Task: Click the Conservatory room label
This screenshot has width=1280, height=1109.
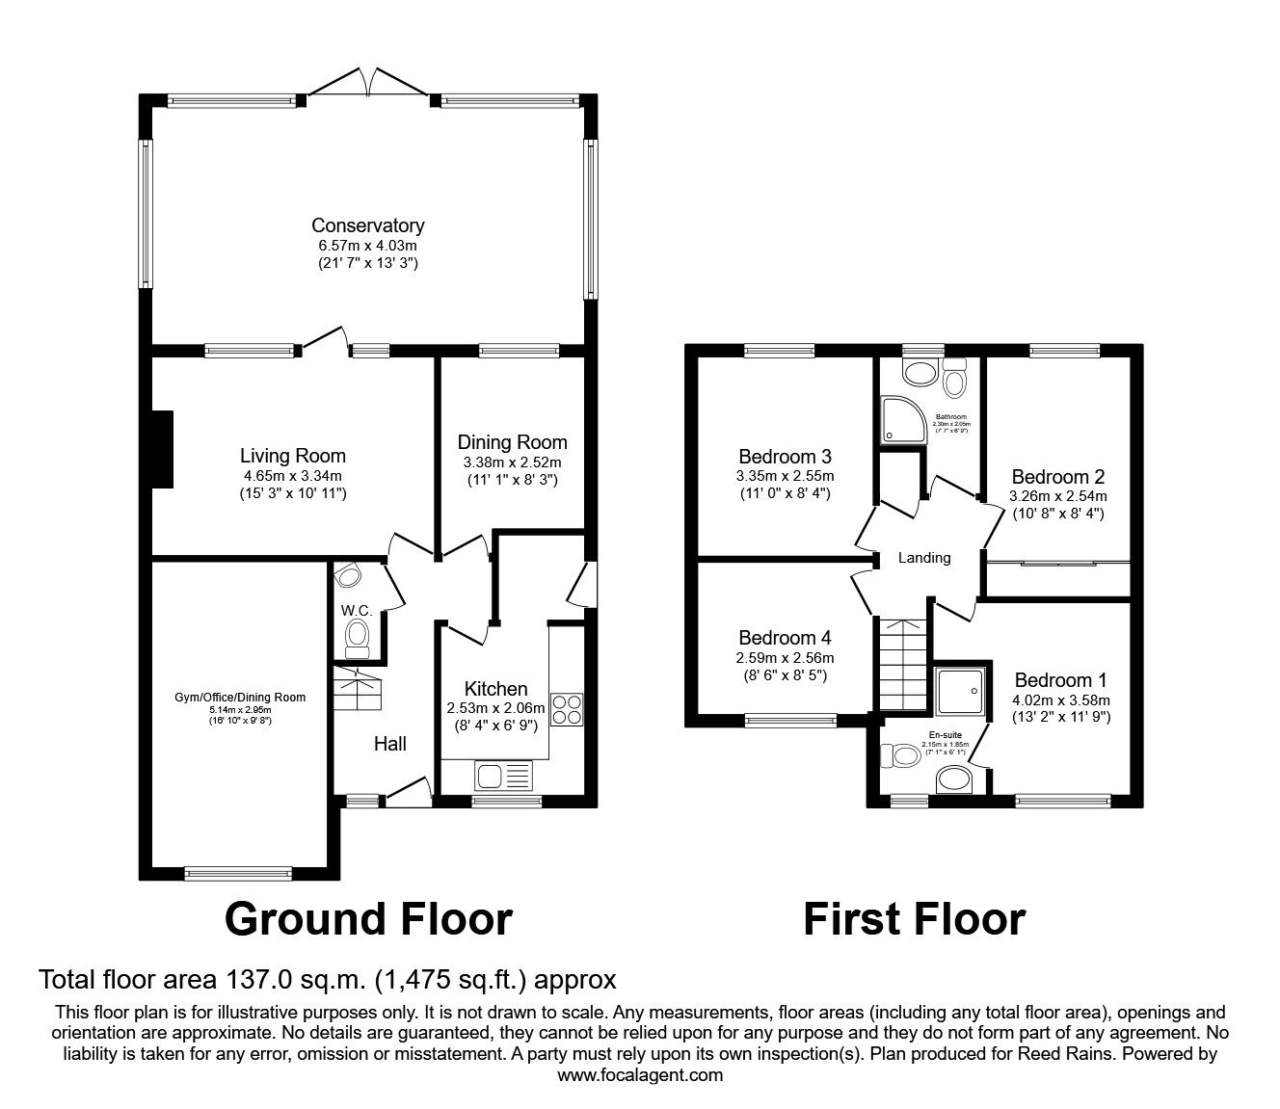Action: (367, 225)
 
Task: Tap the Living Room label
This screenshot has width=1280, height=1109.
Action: (292, 456)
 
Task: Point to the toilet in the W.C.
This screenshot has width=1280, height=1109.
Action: (358, 635)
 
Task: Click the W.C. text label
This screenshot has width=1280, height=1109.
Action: (356, 610)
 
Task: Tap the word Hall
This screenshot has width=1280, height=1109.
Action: (389, 743)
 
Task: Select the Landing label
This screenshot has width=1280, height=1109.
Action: (923, 557)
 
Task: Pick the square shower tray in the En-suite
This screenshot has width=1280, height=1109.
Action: (961, 694)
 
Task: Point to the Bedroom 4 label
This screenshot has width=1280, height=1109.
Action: (785, 637)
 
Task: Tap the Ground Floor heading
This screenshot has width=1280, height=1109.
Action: (368, 918)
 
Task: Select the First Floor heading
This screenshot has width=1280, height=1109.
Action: (914, 918)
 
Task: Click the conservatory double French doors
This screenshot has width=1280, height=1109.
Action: (367, 83)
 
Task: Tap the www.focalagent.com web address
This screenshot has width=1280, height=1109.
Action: (640, 1074)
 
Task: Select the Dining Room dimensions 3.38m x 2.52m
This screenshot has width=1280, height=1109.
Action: (512, 462)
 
